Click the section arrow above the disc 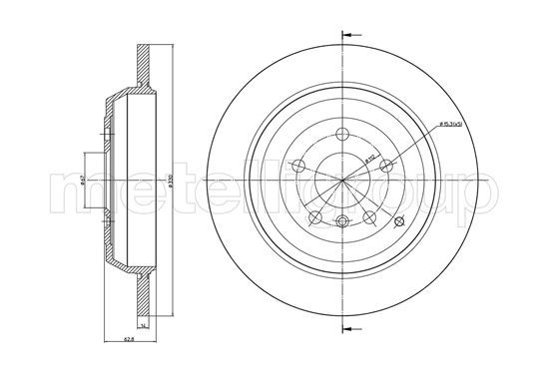pos(348,35)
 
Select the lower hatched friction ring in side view pos(143,299)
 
